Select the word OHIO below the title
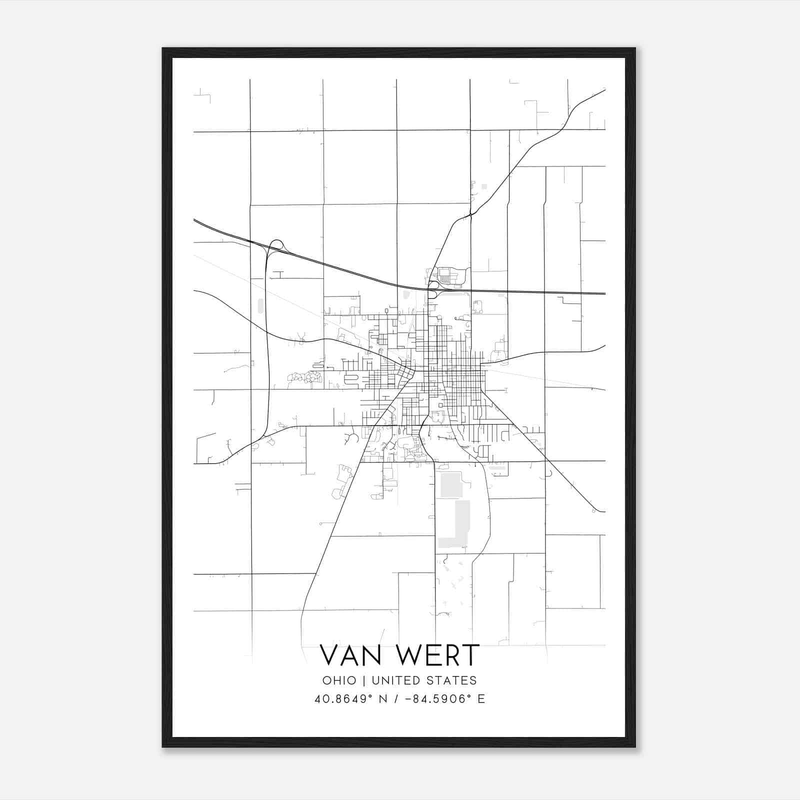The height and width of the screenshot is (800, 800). [x=339, y=680]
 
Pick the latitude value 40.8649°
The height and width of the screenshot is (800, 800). [x=342, y=699]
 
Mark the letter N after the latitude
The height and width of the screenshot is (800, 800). [x=384, y=699]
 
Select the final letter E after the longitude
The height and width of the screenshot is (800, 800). [x=481, y=699]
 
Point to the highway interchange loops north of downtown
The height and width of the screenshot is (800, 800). [x=433, y=289]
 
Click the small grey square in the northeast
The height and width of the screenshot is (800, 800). [x=484, y=186]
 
